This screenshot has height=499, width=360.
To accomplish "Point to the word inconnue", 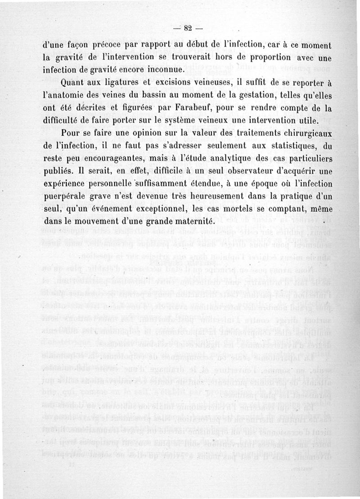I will pos(153,71).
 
